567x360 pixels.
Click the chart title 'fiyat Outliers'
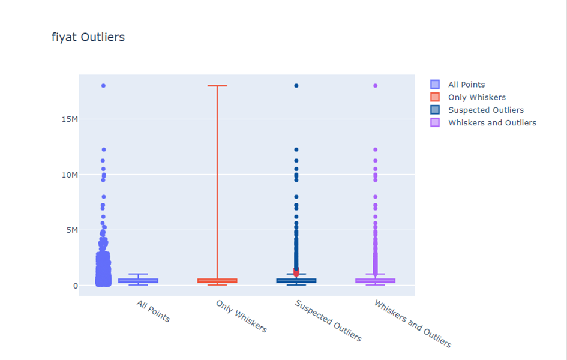[x=88, y=37]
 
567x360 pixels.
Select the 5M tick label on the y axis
[x=69, y=230]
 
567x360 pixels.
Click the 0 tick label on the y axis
[x=75, y=286]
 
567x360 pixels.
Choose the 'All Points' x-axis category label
[x=154, y=311]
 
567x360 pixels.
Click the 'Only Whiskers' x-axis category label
[x=241, y=316]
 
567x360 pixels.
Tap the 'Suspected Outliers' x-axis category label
[x=328, y=320]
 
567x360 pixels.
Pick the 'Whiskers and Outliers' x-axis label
[x=412, y=323]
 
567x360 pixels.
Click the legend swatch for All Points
[x=435, y=85]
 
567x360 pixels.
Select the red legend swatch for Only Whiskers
[x=435, y=97]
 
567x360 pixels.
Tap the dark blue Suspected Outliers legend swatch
[x=435, y=110]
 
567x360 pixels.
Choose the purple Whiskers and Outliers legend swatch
[x=435, y=122]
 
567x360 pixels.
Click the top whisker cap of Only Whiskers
[x=217, y=86]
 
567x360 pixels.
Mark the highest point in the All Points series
[x=103, y=86]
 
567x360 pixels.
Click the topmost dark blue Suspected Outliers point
[x=296, y=86]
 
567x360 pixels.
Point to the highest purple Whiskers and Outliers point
[x=376, y=86]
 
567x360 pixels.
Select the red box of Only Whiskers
[x=217, y=281]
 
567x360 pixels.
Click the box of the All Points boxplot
[x=138, y=281]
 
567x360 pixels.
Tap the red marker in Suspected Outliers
[x=296, y=274]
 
